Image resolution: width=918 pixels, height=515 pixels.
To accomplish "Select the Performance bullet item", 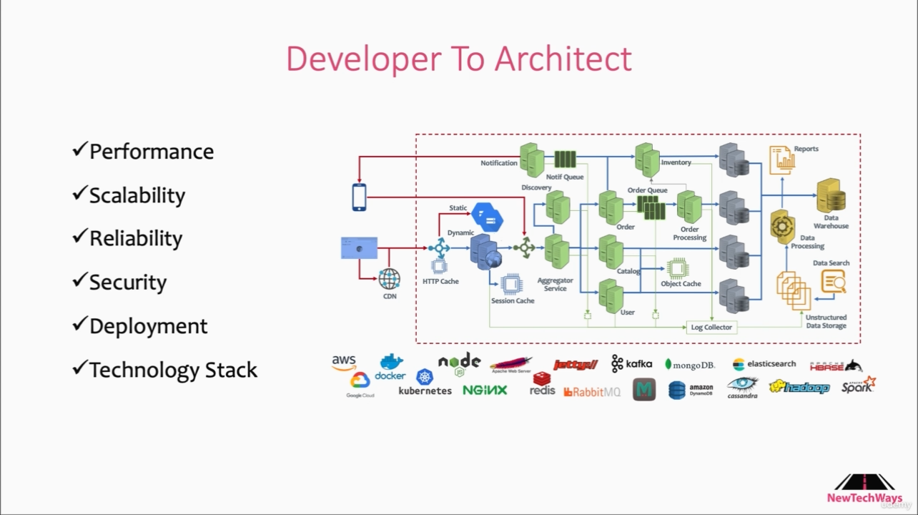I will point(151,152).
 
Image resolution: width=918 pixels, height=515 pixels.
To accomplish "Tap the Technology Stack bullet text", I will point(173,370).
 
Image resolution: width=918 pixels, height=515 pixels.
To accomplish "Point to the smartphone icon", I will point(359,197).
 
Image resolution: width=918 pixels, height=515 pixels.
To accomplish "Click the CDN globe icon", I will point(390,278).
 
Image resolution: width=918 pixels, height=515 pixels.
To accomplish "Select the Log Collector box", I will point(711,327).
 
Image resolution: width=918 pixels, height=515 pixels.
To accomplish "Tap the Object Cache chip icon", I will point(677,268).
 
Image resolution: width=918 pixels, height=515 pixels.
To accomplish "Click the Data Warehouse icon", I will point(831,195).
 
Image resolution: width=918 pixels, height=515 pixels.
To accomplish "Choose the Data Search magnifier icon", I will point(833,282).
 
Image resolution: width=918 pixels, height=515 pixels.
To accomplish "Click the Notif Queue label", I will point(565,177).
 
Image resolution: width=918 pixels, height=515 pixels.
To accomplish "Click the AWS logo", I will point(344,363).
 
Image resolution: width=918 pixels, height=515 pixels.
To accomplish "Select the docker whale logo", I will point(390,367).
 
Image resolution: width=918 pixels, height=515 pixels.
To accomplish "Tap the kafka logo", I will point(631,363).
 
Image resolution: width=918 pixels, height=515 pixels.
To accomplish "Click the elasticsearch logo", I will point(764,364).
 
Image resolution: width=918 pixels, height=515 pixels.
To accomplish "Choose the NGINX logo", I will point(485,390).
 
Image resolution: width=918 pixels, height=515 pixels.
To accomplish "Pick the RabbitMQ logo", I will point(592,391).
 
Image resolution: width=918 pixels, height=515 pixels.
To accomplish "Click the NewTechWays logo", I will point(864,488).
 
